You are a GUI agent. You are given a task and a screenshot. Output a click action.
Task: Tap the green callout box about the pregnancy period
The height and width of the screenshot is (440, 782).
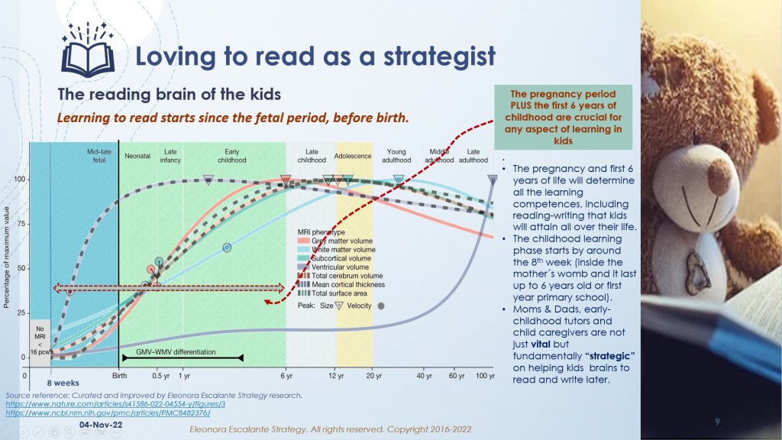click(563, 118)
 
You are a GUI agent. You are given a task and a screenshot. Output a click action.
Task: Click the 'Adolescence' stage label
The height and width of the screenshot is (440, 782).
click(353, 156)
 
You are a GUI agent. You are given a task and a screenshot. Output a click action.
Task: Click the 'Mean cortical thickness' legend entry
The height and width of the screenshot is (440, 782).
click(347, 285)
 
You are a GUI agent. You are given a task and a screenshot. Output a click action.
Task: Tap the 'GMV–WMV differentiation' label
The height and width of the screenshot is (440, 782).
click(176, 352)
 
